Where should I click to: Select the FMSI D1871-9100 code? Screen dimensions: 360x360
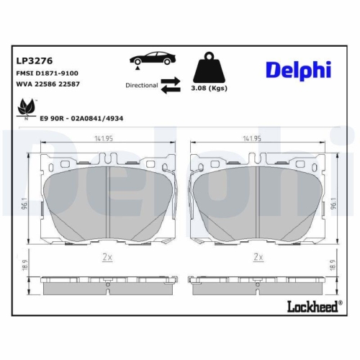pyautogui.click(x=47, y=74)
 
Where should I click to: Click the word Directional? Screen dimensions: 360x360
pyautogui.click(x=141, y=86)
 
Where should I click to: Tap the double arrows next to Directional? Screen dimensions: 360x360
pyautogui.click(x=171, y=86)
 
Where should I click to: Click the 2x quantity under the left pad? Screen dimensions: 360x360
pyautogui.click(x=107, y=256)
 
